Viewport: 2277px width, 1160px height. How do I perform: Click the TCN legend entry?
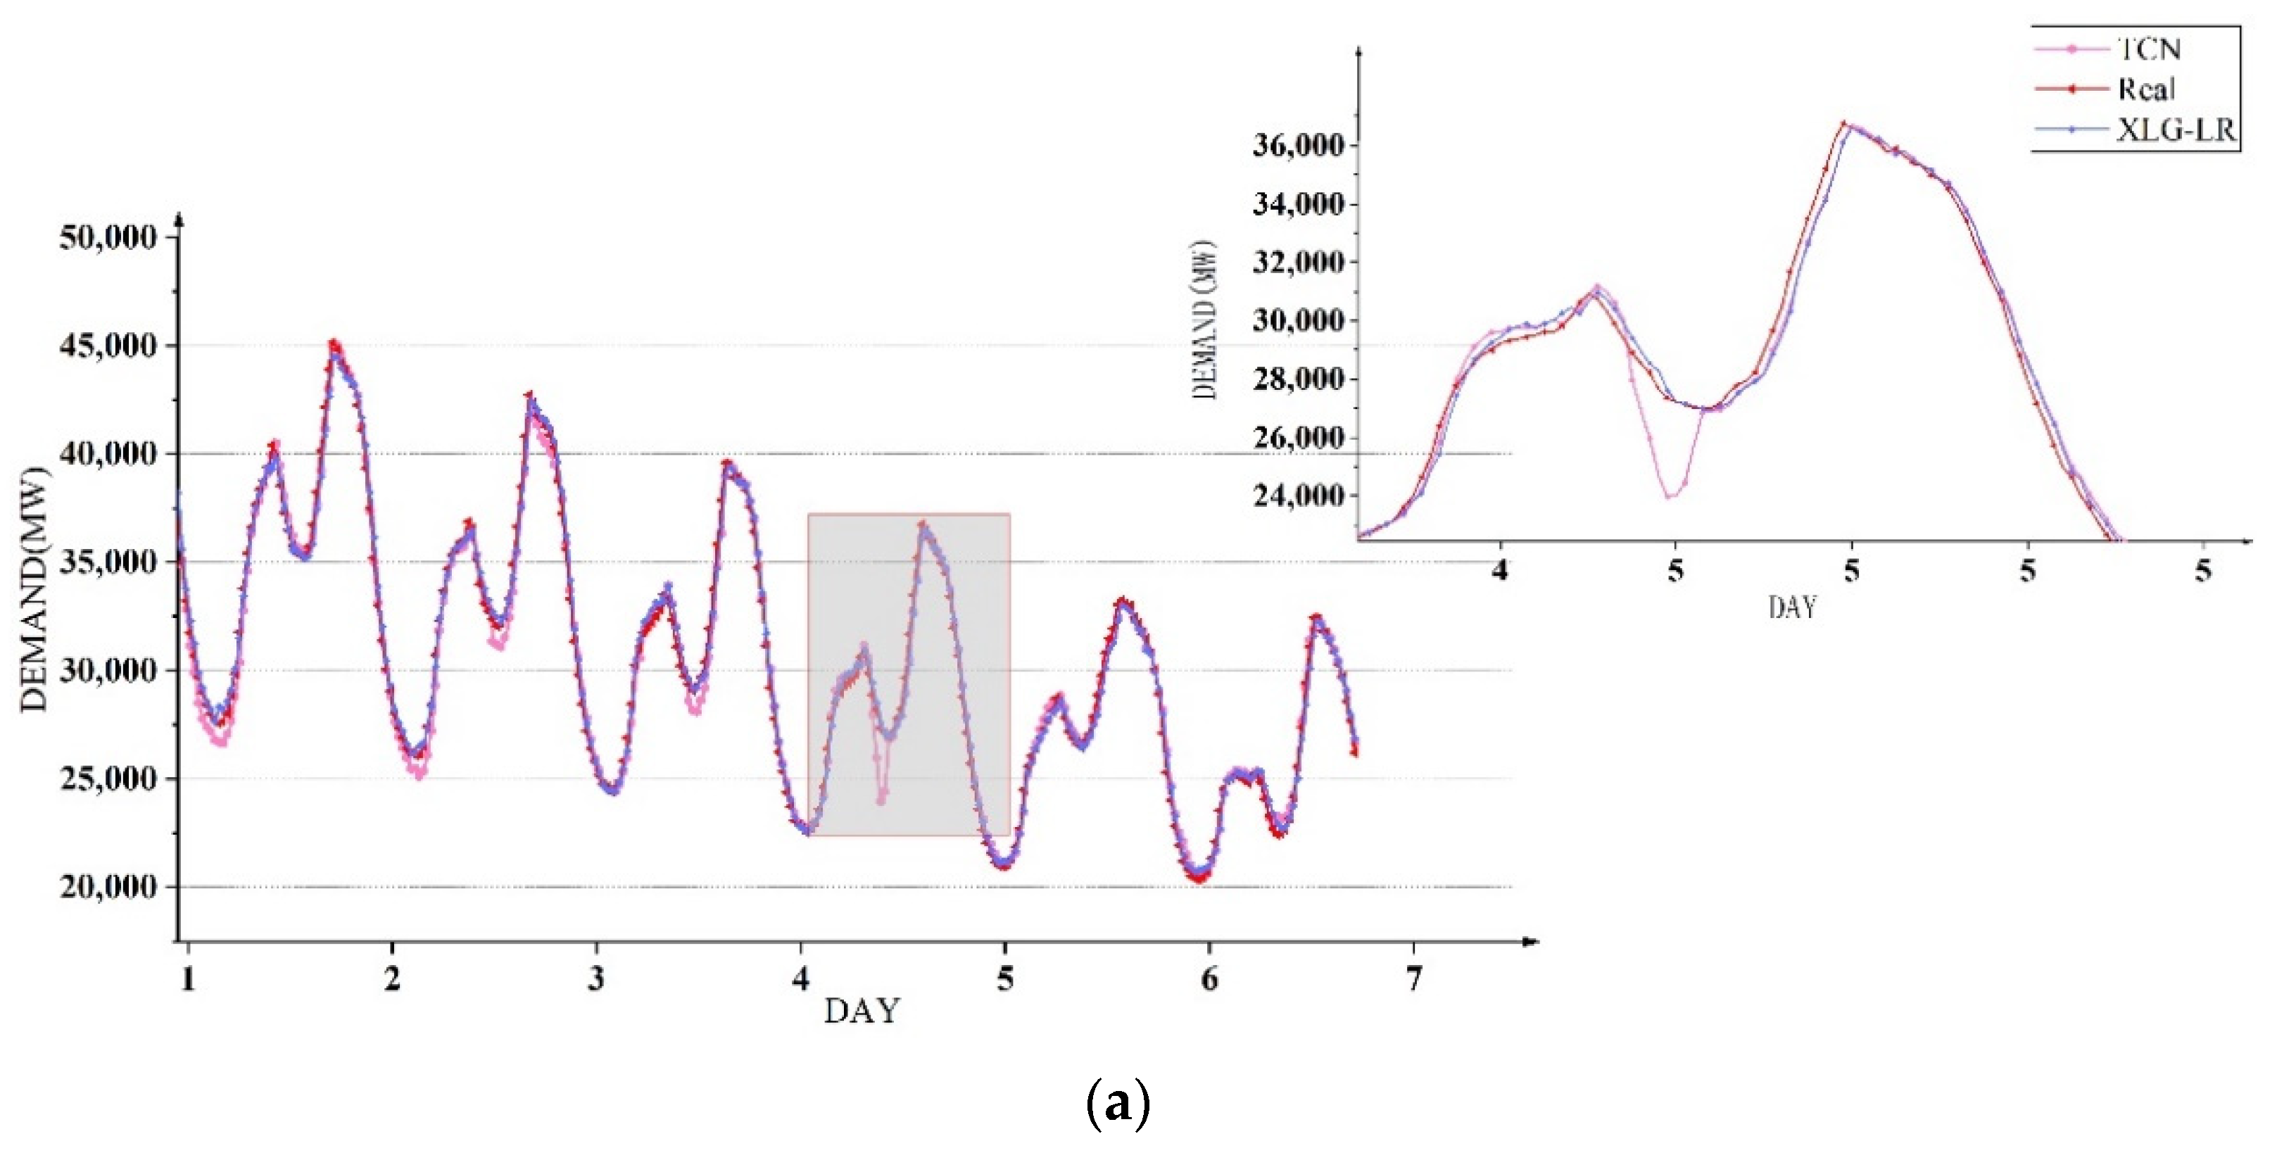2148,49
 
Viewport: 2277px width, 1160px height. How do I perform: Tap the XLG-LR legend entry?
2174,131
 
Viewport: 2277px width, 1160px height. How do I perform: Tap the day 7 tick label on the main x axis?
1413,978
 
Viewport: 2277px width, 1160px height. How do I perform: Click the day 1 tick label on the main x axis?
187,978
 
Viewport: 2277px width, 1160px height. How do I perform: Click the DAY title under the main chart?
862,1011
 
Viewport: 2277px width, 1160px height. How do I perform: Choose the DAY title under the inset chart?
1792,607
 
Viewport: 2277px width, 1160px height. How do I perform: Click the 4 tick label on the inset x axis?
1499,571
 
